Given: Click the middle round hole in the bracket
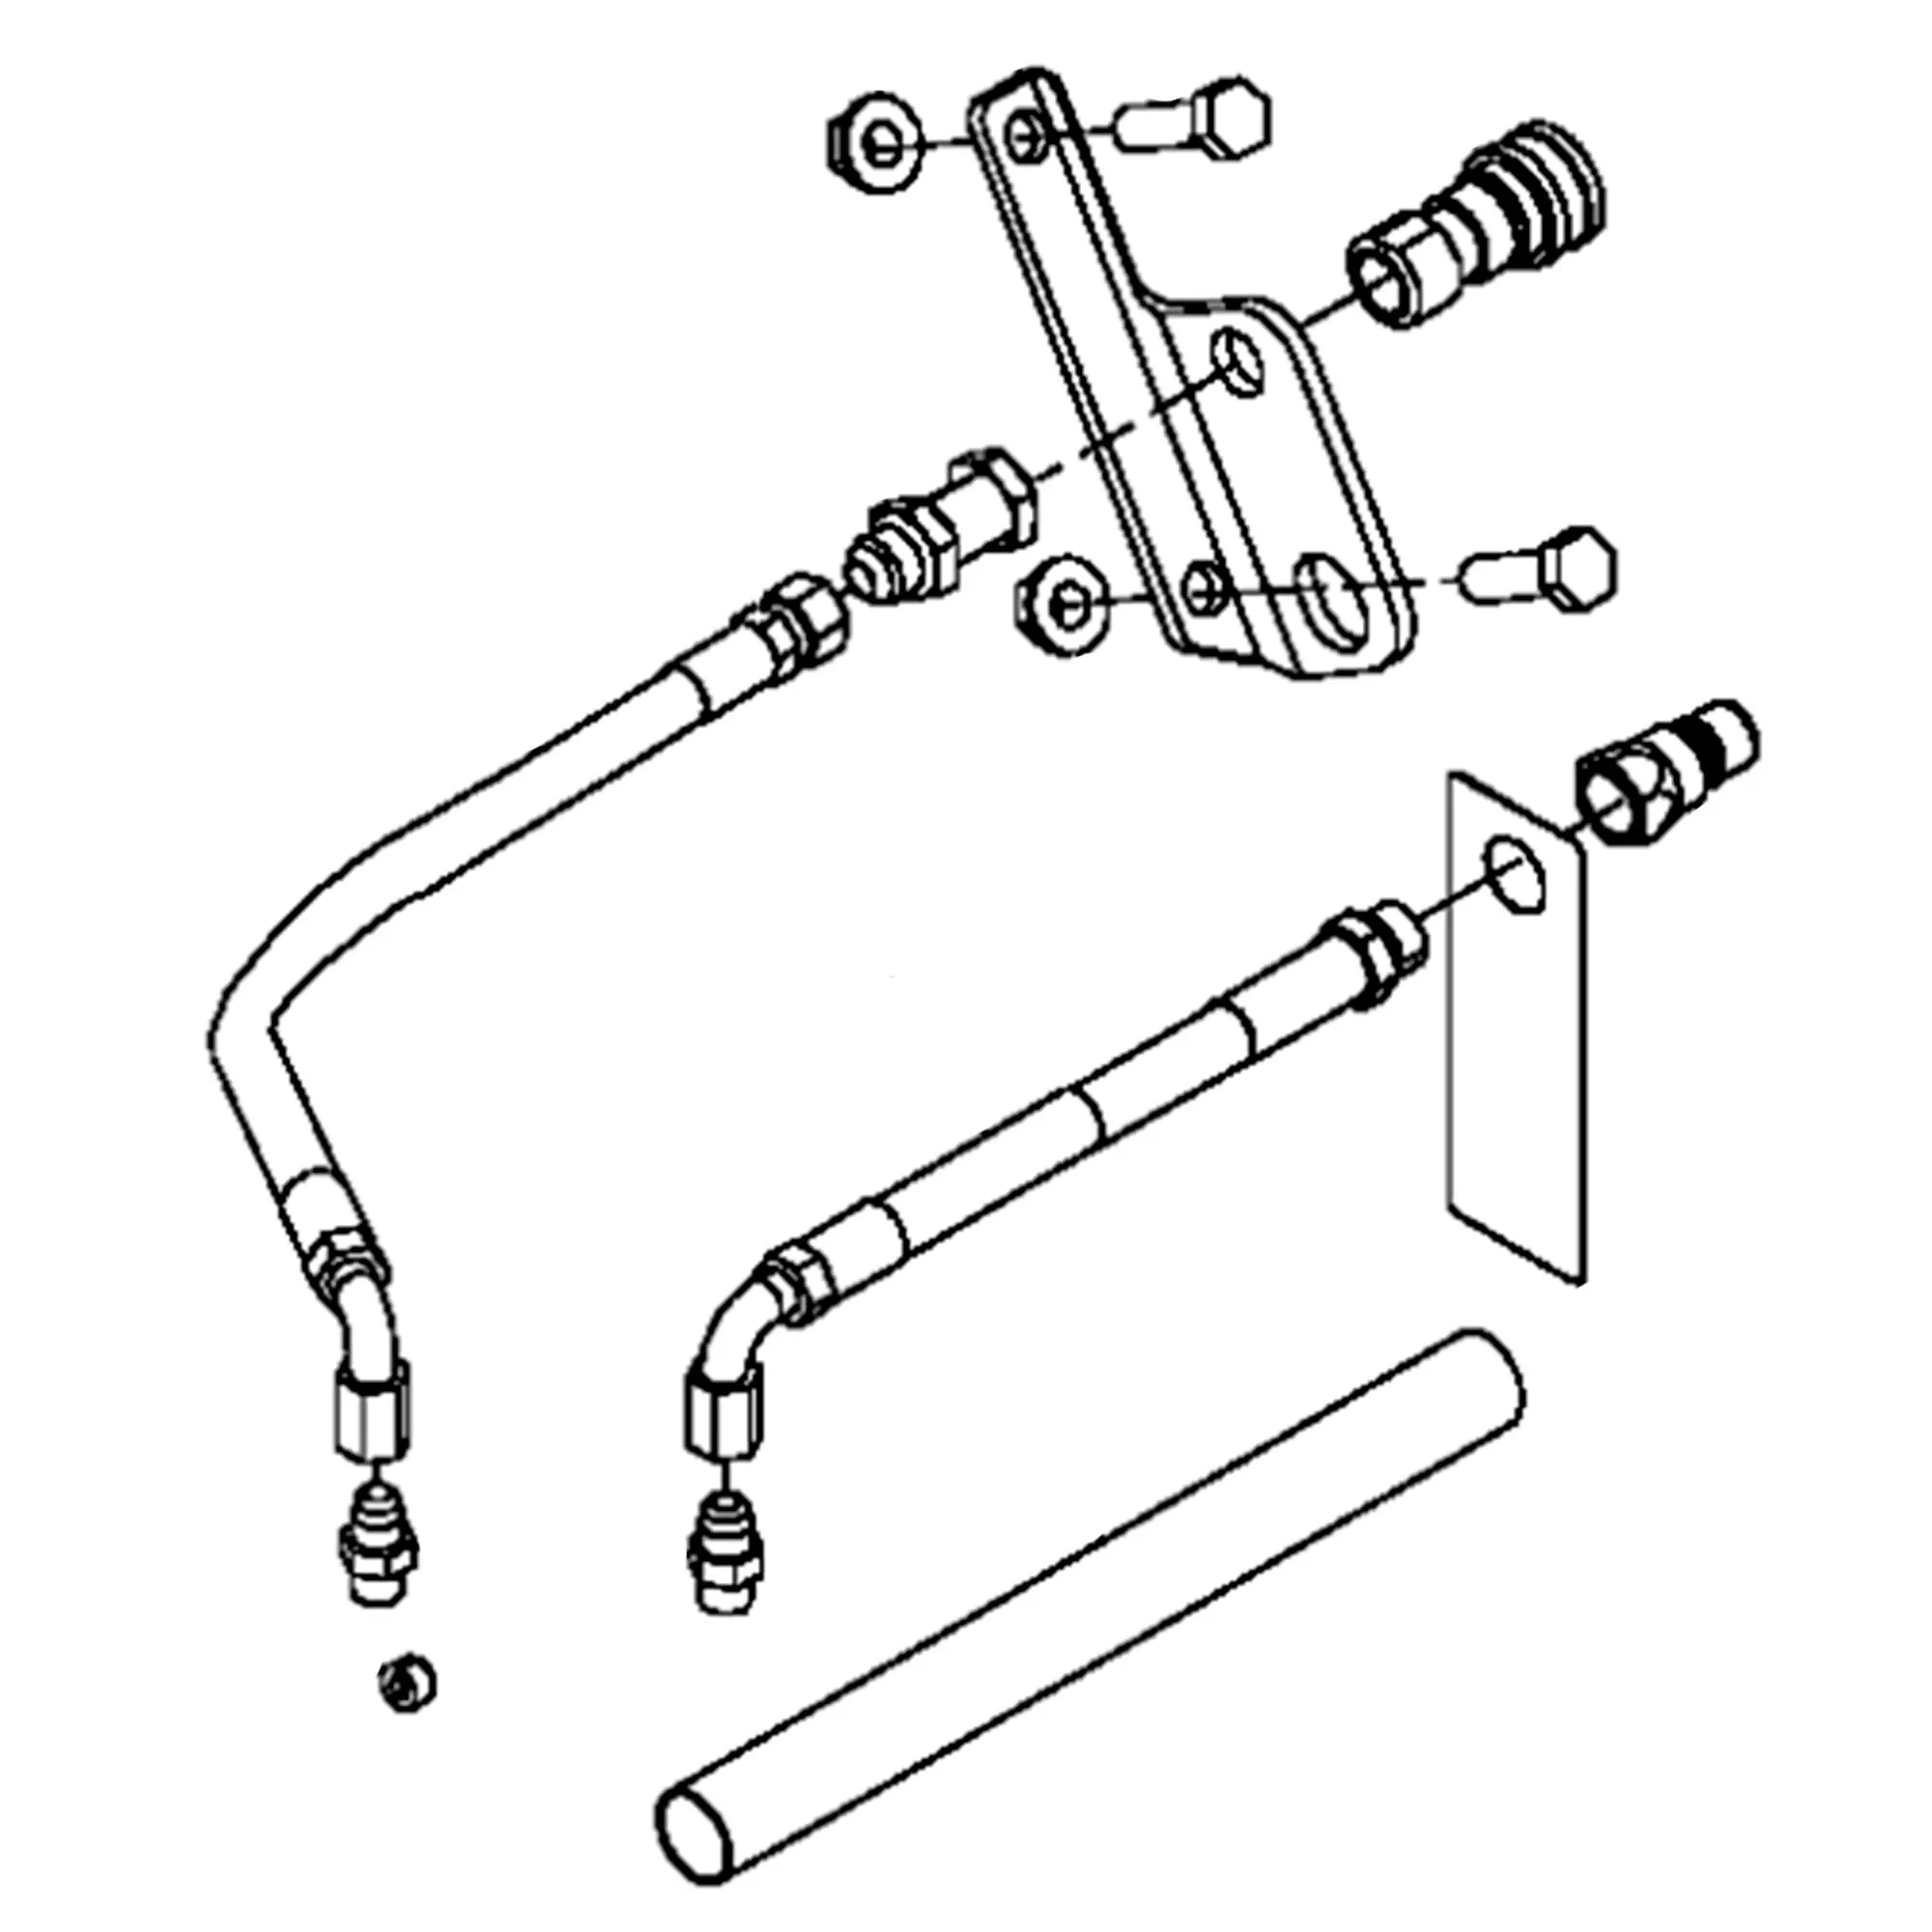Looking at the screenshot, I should point(1240,365).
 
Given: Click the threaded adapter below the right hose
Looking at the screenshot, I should point(727,1558).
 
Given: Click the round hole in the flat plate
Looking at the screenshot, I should point(1515,873).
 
